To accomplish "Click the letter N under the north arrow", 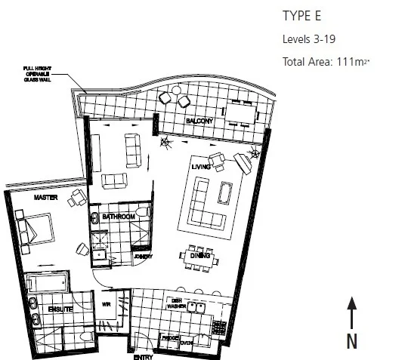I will click(x=352, y=340).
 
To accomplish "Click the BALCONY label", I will click(x=199, y=121).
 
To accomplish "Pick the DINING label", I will click(x=199, y=257).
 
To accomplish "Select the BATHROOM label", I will click(x=119, y=217).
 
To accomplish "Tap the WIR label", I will click(x=107, y=305).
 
